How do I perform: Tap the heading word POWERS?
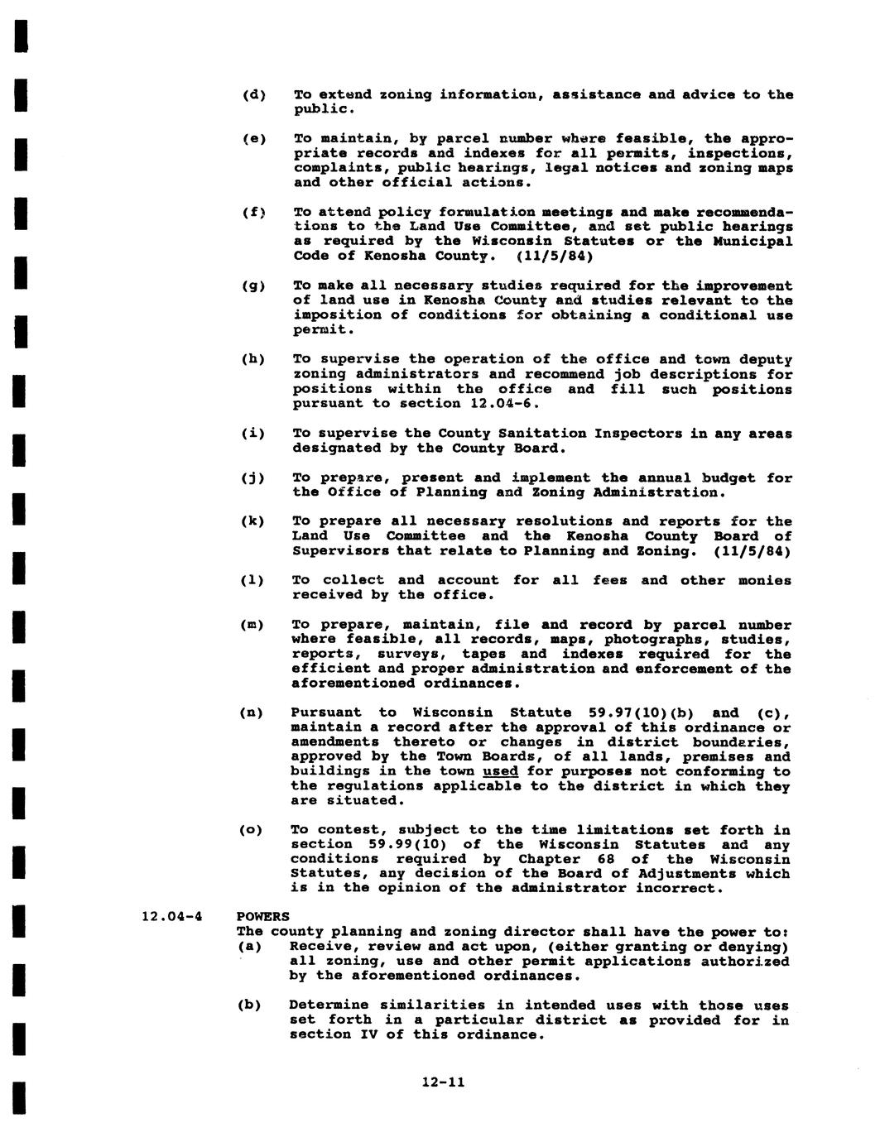pyautogui.click(x=263, y=917)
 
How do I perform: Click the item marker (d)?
pyautogui.click(x=253, y=94)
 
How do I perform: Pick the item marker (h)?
pyautogui.click(x=253, y=359)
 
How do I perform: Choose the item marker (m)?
pyautogui.click(x=252, y=625)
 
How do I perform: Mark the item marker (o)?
pyautogui.click(x=252, y=830)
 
